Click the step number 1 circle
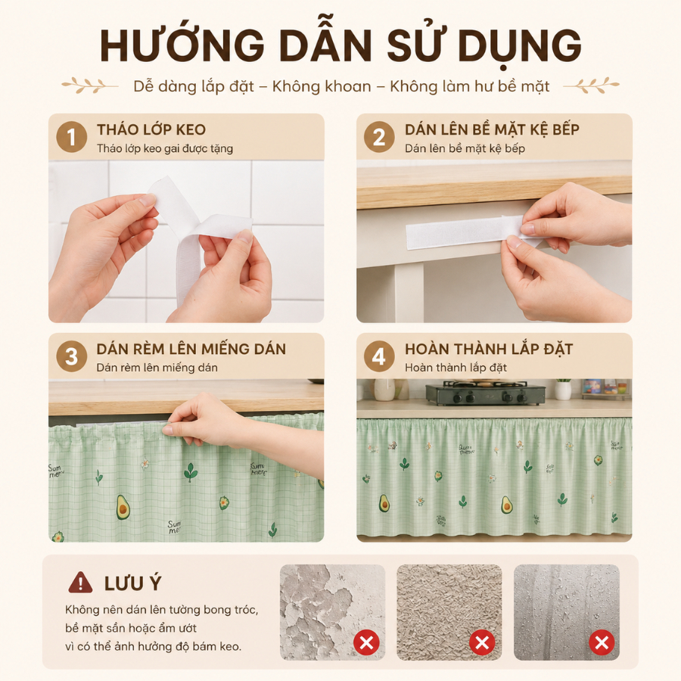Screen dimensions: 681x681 pos(72,137)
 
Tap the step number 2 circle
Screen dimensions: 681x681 pos(379,137)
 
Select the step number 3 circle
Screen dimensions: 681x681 pos(72,356)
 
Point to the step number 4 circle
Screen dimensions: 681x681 pos(379,356)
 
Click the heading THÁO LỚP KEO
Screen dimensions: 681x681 pos(151,129)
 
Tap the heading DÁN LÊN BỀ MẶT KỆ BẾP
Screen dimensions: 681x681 pos(492,129)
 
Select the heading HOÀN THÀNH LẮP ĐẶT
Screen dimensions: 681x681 pos(489,349)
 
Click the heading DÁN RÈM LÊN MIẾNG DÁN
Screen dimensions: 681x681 pos(191,349)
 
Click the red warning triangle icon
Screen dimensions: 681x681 pos(80,583)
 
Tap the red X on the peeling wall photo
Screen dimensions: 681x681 pos(366,642)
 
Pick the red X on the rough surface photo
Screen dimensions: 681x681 pos(482,642)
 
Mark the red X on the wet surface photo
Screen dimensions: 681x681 pos(602,642)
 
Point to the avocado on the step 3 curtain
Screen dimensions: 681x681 pos(123,507)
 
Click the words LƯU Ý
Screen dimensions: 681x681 pos(132,583)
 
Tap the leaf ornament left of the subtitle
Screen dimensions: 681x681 pos(89,86)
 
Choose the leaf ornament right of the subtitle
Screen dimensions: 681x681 pos(592,86)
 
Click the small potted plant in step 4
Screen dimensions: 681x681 pos(563,389)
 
